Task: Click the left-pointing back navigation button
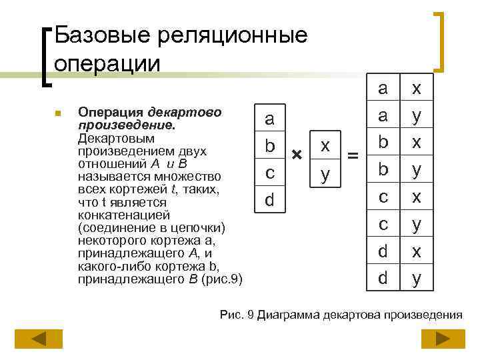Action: point(39,339)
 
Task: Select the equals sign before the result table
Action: point(353,156)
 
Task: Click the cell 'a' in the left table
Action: point(269,119)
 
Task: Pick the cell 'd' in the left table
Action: point(269,199)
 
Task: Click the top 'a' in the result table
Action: point(383,88)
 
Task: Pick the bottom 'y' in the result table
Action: point(417,277)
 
